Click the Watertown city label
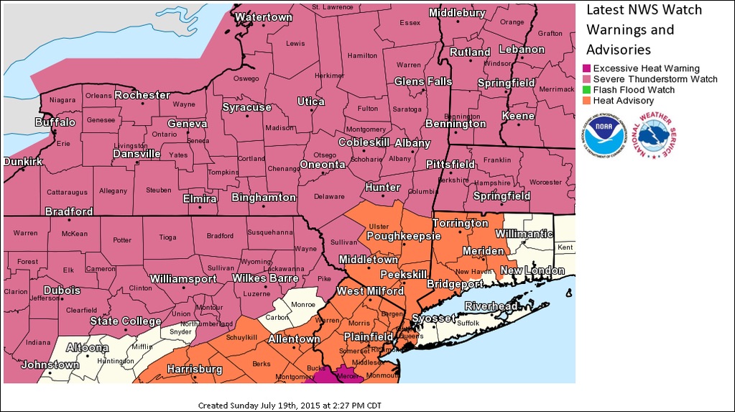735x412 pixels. tap(264, 17)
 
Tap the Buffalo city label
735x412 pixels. tap(55, 122)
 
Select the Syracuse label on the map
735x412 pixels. tap(246, 107)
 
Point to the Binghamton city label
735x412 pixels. tap(264, 197)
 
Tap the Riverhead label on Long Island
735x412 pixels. tap(491, 306)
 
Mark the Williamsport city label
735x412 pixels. tap(183, 278)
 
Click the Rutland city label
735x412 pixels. tap(470, 52)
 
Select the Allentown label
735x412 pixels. tap(294, 339)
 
